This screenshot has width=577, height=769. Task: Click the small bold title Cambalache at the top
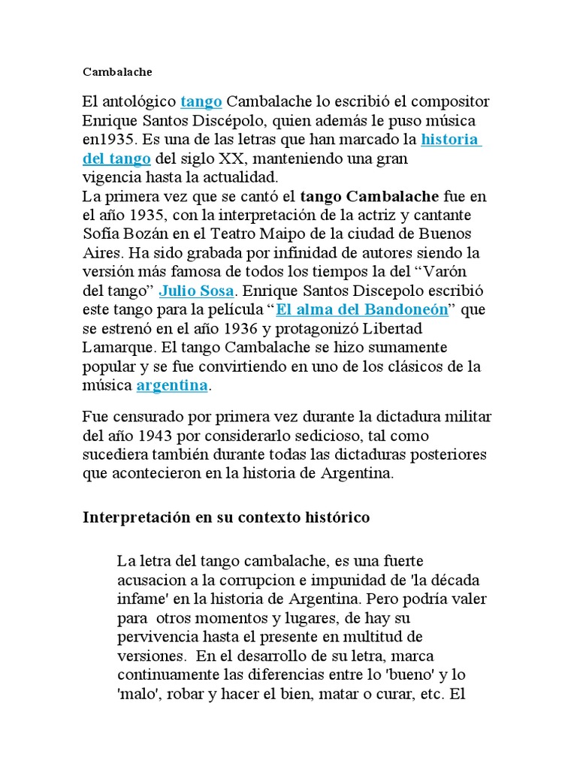pos(117,72)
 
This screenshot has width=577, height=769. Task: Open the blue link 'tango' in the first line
pos(201,101)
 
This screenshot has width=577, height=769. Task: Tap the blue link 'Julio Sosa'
pos(197,291)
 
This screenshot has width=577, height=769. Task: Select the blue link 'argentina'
pos(172,385)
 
